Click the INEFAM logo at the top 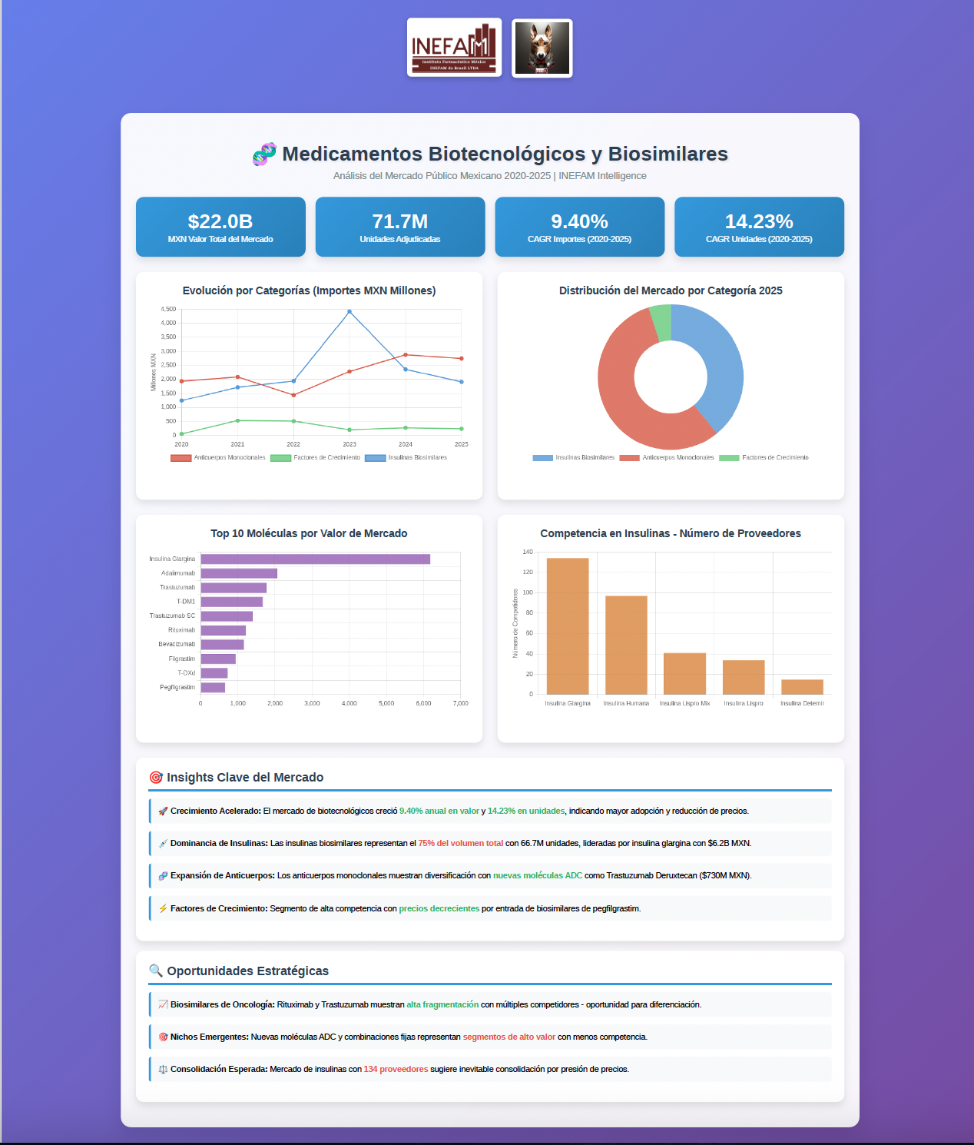pos(454,48)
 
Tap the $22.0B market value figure pos(220,221)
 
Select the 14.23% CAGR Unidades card pos(759,227)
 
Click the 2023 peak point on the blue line pos(350,312)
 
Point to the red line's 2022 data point pos(293,395)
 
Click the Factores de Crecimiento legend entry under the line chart pos(316,458)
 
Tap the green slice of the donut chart pos(661,322)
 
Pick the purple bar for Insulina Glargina pos(315,559)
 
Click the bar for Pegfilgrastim pos(213,688)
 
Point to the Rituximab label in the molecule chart pos(181,630)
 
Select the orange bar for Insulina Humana pos(626,645)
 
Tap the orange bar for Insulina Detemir pos(802,687)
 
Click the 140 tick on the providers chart pos(528,552)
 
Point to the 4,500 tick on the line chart pos(168,309)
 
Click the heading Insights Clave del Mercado pos(245,778)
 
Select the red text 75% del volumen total pos(461,844)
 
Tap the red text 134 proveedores pos(396,1070)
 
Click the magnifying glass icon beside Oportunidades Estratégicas pos(156,971)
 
